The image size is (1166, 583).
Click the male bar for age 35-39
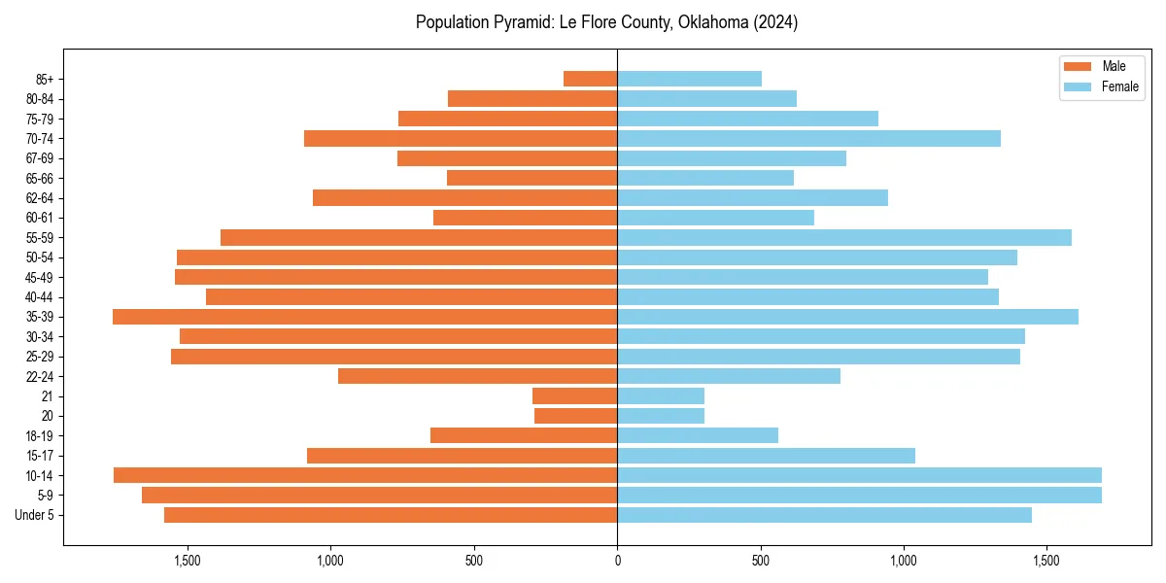pyautogui.click(x=364, y=317)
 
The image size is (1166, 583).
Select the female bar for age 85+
pyautogui.click(x=689, y=79)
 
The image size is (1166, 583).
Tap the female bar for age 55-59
pyautogui.click(x=843, y=237)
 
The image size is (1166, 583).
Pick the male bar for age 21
pyautogui.click(x=574, y=396)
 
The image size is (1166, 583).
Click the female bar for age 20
pyautogui.click(x=661, y=416)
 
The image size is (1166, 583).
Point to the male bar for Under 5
pyautogui.click(x=391, y=515)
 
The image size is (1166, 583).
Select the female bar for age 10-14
pyautogui.click(x=859, y=475)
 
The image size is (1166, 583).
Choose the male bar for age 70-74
pyautogui.click(x=461, y=138)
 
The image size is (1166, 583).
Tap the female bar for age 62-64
pyautogui.click(x=752, y=197)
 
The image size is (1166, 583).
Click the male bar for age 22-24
pyautogui.click(x=477, y=376)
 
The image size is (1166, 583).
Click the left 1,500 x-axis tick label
pyautogui.click(x=187, y=561)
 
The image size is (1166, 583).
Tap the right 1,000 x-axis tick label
pyautogui.click(x=904, y=561)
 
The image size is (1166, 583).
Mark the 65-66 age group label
pyautogui.click(x=39, y=178)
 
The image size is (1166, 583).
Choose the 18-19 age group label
pyautogui.click(x=39, y=436)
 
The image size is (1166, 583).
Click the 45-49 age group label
pyautogui.click(x=39, y=277)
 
